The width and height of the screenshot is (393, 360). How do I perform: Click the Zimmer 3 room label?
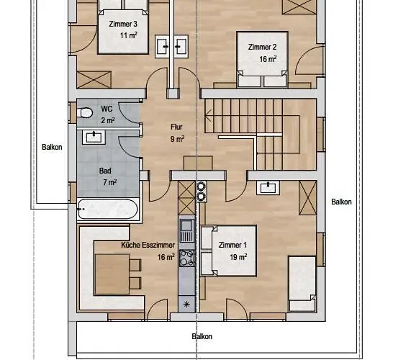click(x=123, y=24)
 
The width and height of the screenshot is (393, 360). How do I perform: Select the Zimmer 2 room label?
click(x=263, y=48)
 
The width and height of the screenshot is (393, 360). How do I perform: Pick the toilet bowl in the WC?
click(x=85, y=112)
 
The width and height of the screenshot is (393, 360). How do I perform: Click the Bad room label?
click(x=105, y=171)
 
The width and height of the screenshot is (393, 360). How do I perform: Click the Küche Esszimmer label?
click(x=148, y=245)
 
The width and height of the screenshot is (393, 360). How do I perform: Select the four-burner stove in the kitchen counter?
click(x=187, y=256)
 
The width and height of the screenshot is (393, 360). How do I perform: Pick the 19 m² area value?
click(x=233, y=256)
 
